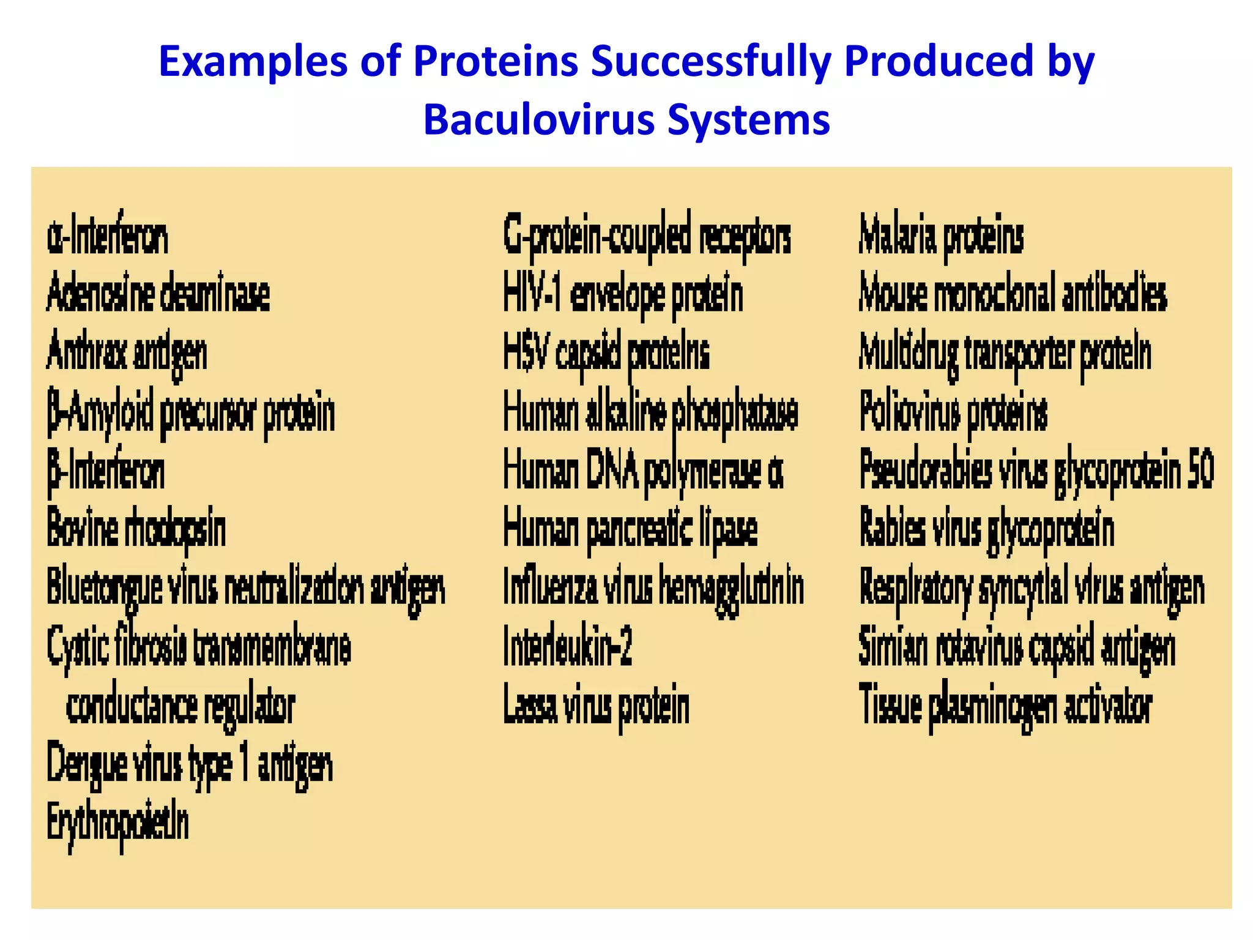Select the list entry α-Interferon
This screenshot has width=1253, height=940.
[x=107, y=237]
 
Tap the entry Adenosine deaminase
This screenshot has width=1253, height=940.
[x=158, y=294]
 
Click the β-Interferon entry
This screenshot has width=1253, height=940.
[x=106, y=472]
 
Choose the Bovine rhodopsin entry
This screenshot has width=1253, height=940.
[x=136, y=529]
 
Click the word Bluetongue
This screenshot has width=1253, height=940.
[x=104, y=587]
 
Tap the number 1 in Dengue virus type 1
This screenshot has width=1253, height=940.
[x=244, y=764]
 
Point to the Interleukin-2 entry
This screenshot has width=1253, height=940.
[x=567, y=647]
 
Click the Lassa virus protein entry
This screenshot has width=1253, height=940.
[x=596, y=706]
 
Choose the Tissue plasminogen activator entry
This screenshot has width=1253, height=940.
[x=1005, y=706]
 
